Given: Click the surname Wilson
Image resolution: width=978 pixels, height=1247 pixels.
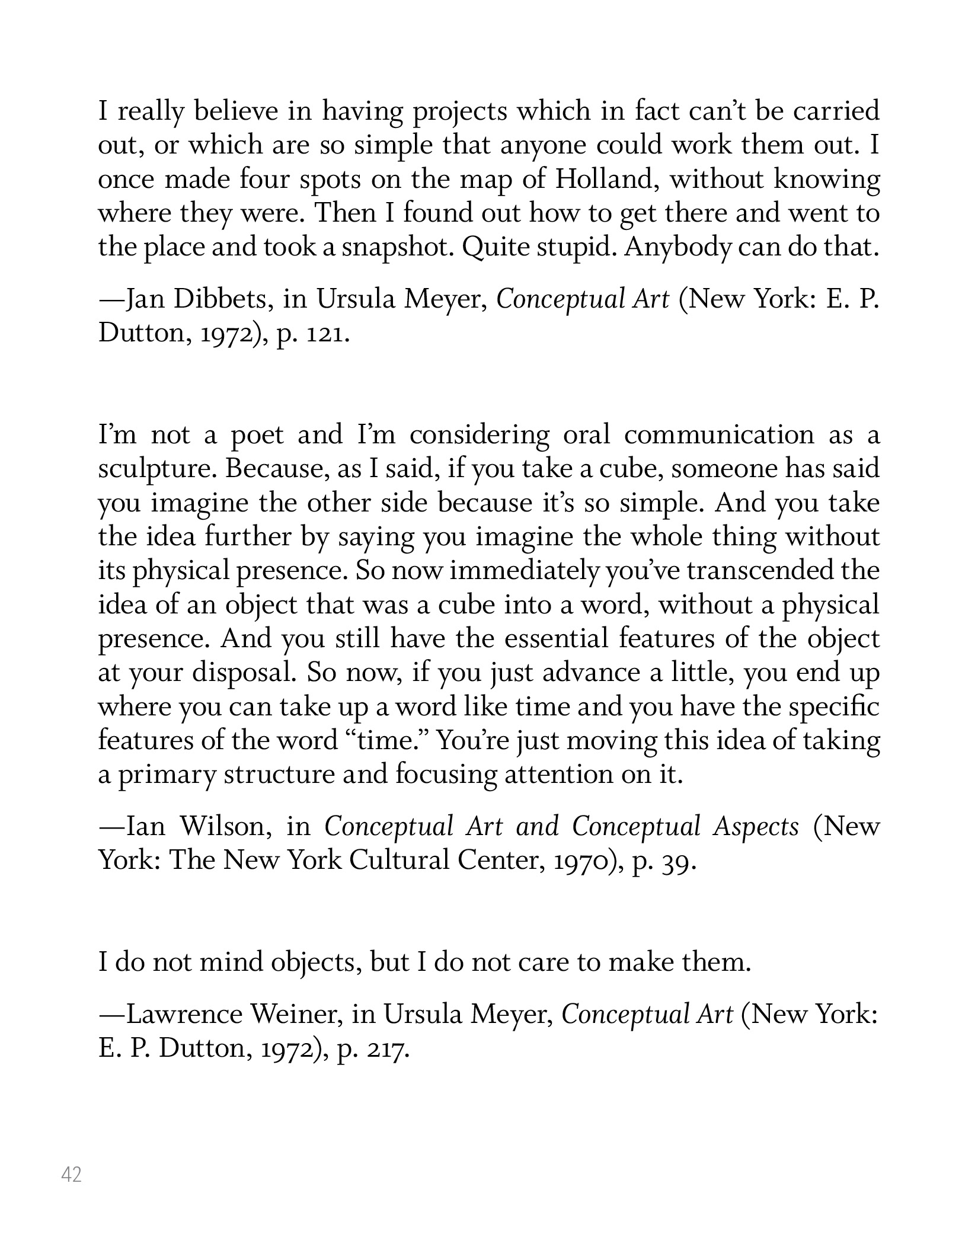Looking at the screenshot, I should [x=226, y=827].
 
